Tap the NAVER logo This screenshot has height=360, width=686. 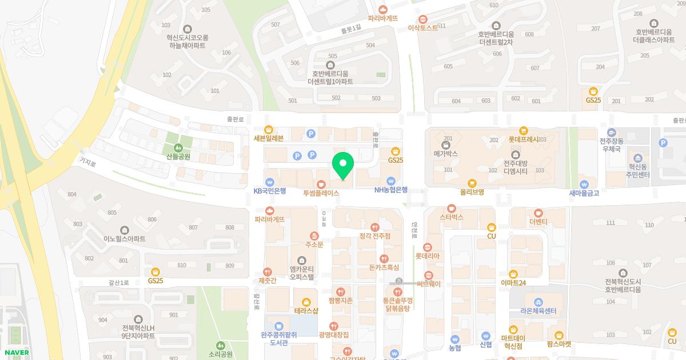pos(15,352)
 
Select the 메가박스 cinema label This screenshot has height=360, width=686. pos(446,154)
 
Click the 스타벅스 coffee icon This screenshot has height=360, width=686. pos(452,209)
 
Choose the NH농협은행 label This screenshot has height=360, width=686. pos(391,190)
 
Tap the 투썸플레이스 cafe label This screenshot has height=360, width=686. pos(321,193)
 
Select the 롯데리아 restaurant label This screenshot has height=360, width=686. pos(427,256)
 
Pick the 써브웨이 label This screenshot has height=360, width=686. pos(429,283)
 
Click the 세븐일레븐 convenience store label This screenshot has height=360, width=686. pos(268,138)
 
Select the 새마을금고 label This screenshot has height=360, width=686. pos(584,193)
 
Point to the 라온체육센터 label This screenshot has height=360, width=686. pos(538,311)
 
